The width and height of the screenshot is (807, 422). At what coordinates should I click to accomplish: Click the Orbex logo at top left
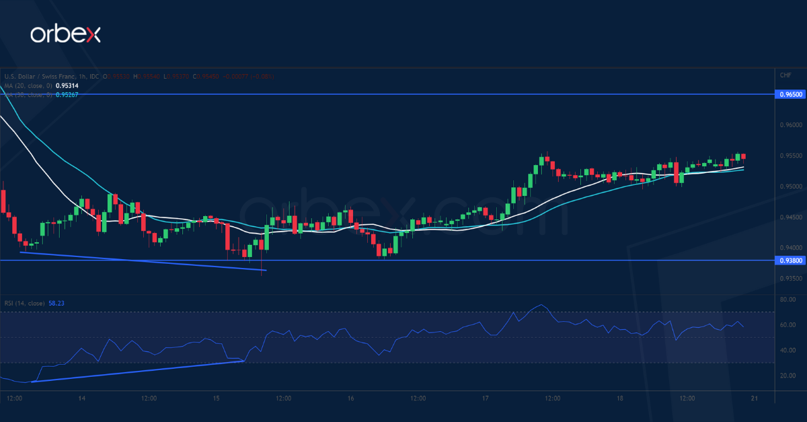coord(65,34)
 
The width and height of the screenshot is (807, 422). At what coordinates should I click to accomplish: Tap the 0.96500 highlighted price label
coord(790,95)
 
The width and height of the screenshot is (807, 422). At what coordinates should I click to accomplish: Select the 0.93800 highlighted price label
coord(790,260)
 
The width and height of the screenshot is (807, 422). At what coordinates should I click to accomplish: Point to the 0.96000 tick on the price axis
coord(790,125)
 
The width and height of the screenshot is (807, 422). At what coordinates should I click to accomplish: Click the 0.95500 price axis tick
coord(790,155)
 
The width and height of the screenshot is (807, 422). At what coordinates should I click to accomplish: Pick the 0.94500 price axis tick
coord(790,217)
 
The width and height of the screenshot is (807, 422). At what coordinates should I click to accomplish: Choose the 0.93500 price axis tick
coord(790,278)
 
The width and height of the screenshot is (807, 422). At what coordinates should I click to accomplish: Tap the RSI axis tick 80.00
coord(787,299)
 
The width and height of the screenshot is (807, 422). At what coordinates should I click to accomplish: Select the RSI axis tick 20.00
coord(787,376)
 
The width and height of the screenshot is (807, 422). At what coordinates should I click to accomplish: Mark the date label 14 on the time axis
coord(81,398)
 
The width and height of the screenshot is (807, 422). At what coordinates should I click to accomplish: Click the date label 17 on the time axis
coord(485,398)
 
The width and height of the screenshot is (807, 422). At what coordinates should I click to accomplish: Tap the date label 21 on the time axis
coord(754,398)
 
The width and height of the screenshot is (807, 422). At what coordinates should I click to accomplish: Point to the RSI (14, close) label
coord(24,304)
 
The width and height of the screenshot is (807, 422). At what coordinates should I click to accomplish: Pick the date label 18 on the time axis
coord(619,398)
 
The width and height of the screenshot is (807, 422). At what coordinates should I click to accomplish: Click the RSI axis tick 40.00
coord(787,350)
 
